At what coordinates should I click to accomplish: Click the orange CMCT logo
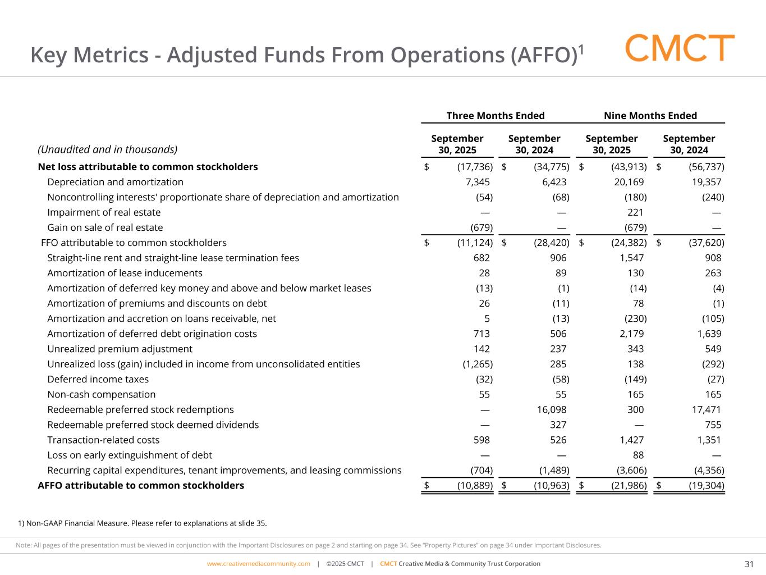[x=680, y=48]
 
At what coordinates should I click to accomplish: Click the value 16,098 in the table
[x=551, y=410]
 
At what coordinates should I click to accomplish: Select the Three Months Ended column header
[x=495, y=116]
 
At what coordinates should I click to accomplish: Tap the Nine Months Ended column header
[x=650, y=116]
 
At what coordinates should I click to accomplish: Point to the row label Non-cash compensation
[x=101, y=395]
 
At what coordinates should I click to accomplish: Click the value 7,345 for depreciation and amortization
[x=478, y=182]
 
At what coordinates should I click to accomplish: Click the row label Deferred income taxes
[x=98, y=380]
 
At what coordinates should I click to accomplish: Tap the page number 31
[x=749, y=564]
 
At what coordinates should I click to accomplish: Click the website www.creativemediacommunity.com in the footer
[x=258, y=564]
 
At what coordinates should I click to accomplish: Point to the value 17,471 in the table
[x=707, y=410]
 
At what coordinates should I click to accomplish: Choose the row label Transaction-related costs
[x=103, y=440]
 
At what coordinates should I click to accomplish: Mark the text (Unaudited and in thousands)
[x=107, y=149]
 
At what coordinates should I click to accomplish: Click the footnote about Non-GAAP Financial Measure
[x=143, y=523]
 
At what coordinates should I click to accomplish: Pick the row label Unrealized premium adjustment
[x=120, y=349]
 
